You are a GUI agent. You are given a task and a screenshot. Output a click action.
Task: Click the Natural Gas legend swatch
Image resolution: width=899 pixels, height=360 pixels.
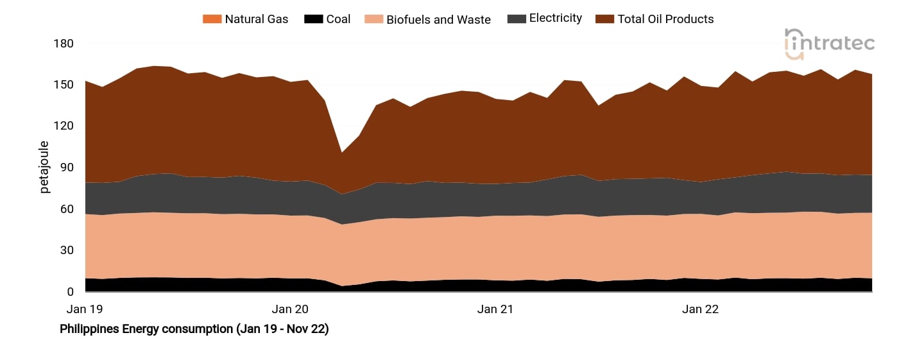pyautogui.click(x=212, y=19)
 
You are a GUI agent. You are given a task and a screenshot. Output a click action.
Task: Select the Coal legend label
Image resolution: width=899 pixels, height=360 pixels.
pyautogui.click(x=338, y=19)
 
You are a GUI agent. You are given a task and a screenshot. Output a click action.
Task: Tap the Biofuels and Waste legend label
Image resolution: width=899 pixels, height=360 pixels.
pyautogui.click(x=438, y=19)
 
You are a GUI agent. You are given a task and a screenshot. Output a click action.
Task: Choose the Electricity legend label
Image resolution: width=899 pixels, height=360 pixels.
pyautogui.click(x=555, y=19)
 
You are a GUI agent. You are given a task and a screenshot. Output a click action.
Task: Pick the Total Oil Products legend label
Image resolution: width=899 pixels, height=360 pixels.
pyautogui.click(x=665, y=19)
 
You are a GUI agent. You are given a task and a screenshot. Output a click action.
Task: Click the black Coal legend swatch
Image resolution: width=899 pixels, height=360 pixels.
pyautogui.click(x=313, y=19)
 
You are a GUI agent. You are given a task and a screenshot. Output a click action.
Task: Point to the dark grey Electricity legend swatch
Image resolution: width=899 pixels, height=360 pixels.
pyautogui.click(x=516, y=19)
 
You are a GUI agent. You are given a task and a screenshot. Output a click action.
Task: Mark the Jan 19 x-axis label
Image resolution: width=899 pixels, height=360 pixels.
pyautogui.click(x=85, y=309)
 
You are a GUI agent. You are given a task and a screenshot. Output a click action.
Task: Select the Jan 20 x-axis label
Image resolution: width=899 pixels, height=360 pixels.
pyautogui.click(x=290, y=309)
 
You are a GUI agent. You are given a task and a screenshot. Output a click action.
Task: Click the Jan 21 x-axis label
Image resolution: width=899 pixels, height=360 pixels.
pyautogui.click(x=495, y=309)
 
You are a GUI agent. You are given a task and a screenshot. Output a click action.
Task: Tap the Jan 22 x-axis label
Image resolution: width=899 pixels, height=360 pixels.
pyautogui.click(x=700, y=309)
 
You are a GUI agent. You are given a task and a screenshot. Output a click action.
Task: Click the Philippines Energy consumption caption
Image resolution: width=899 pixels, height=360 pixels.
pyautogui.click(x=194, y=329)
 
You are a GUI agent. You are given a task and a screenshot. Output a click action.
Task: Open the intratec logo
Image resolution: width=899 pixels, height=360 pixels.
pyautogui.click(x=829, y=44)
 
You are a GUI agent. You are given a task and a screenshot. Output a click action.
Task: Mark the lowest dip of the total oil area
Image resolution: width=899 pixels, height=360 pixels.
pyautogui.click(x=342, y=153)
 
